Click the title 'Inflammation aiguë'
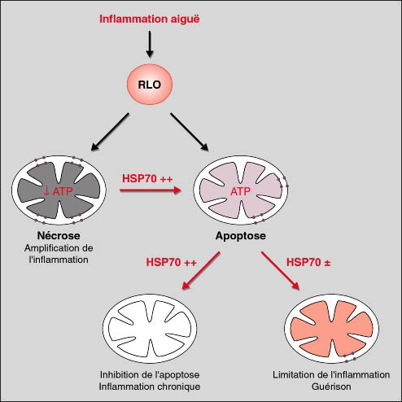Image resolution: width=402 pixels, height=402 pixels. tap(150, 20)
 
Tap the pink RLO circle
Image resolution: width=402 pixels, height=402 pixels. tap(150, 85)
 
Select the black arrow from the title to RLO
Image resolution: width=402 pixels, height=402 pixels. tap(150, 44)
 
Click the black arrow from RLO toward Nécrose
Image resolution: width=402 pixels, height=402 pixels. tap(110, 132)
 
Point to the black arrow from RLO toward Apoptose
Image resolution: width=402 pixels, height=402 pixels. tap(190, 132)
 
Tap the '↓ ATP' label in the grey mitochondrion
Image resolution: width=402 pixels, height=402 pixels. tap(58, 191)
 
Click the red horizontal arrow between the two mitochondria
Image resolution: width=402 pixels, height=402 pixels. tap(151, 190)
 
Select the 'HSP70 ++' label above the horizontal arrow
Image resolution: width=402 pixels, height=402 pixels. tap(147, 179)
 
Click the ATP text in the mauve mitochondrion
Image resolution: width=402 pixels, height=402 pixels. tap(240, 192)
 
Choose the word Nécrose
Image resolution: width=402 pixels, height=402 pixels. tap(59, 235)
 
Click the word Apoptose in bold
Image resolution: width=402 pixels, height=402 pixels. tap(241, 236)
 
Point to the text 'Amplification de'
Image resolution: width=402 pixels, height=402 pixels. tap(59, 248)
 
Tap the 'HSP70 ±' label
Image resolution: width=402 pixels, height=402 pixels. tap(308, 263)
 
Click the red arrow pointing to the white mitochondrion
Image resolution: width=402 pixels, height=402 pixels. tap(201, 271)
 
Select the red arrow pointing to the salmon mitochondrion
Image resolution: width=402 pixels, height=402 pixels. tap(281, 271)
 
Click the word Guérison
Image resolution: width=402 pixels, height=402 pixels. tap(331, 387)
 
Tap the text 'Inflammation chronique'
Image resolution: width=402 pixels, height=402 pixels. tap(150, 387)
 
